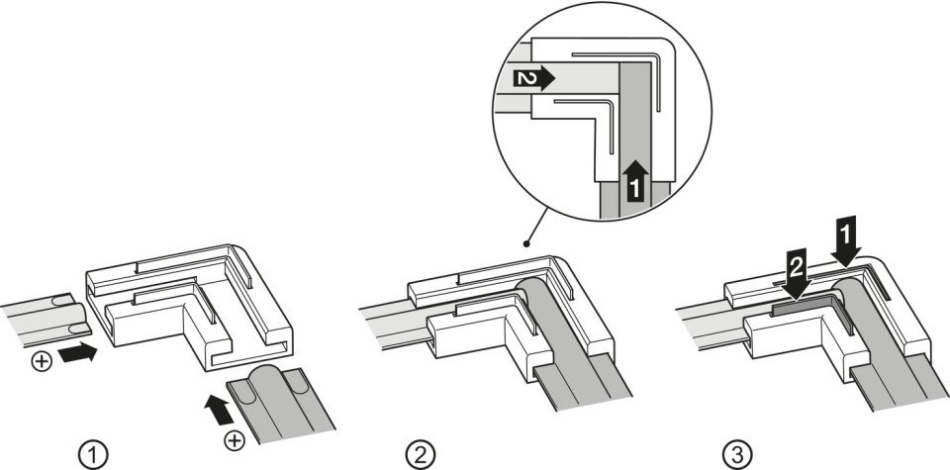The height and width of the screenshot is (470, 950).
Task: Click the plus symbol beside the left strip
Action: pos(42,361)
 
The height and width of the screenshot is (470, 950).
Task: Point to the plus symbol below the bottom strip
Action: pos(235,440)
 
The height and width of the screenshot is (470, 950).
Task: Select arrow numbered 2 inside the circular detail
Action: pos(533,78)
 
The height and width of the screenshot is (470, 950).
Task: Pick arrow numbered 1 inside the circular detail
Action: pos(634,179)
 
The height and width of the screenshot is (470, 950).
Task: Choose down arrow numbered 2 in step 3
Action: pos(797,274)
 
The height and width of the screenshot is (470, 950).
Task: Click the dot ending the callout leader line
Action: pos(526,244)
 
